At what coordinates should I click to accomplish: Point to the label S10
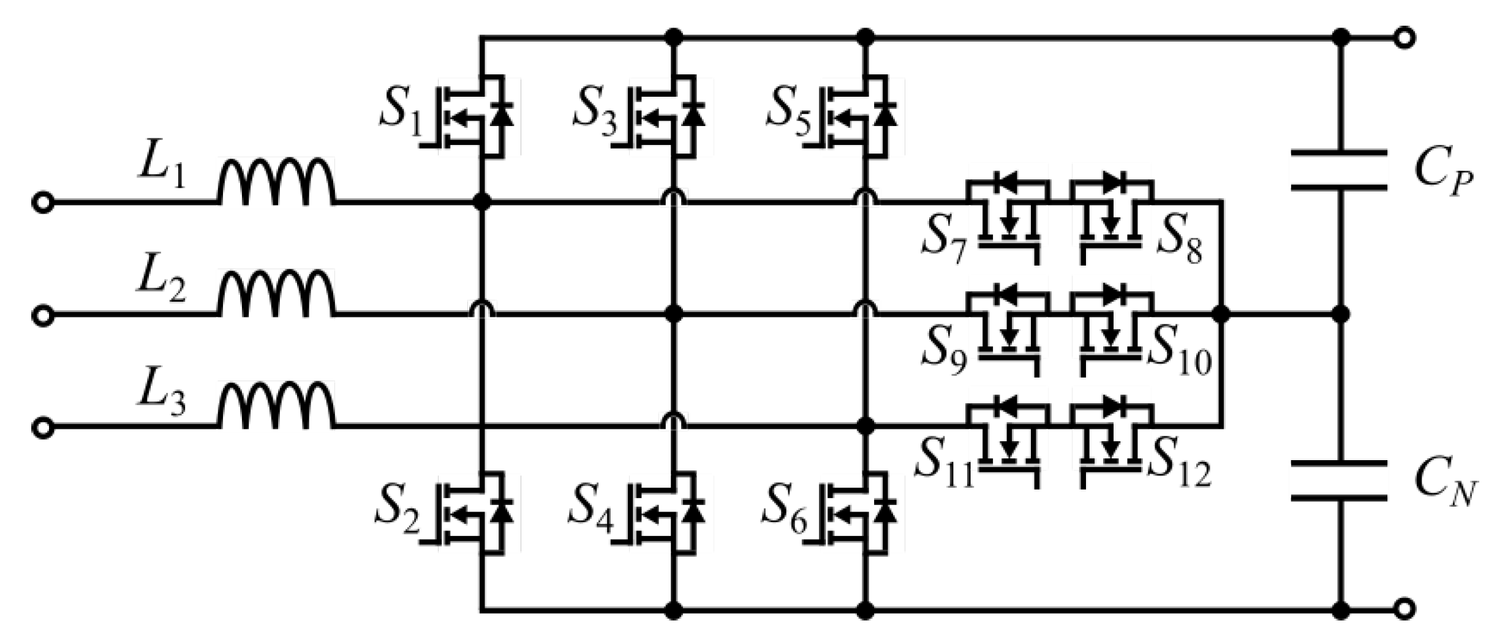pyautogui.click(x=1179, y=356)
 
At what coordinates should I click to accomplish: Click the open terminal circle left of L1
pyautogui.click(x=43, y=202)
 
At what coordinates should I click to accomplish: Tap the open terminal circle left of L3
pyautogui.click(x=43, y=427)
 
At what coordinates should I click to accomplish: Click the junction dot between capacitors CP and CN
pyautogui.click(x=1341, y=315)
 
